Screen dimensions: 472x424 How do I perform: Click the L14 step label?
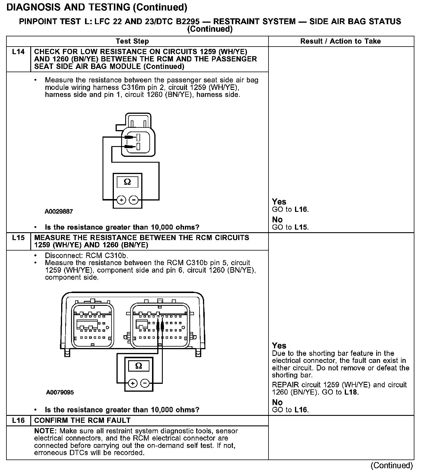pos(18,52)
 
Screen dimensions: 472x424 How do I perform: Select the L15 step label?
pos(18,238)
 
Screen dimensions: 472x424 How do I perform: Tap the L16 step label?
pos(18,420)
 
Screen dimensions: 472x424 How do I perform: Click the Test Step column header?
pos(132,41)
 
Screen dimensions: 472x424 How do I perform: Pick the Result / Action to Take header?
pos(340,41)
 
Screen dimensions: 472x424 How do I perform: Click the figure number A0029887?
pos(59,212)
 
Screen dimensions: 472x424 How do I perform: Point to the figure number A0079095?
pos(60,393)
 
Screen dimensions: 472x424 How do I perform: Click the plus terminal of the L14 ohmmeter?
pos(121,200)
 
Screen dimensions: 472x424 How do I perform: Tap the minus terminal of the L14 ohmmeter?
pos(133,200)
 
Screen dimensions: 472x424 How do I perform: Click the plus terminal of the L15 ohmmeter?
pos(133,383)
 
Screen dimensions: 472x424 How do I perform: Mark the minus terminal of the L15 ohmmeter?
pos(145,383)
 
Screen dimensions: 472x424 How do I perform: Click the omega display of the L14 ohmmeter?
pos(127,182)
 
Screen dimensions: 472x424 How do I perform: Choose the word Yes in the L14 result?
pos(279,202)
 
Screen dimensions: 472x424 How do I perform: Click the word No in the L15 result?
pos(277,402)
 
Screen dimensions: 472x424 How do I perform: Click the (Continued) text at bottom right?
pos(392,466)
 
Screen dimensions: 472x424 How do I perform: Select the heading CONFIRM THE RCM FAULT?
pos(82,420)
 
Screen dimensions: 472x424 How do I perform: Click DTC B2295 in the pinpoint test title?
pos(178,22)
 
